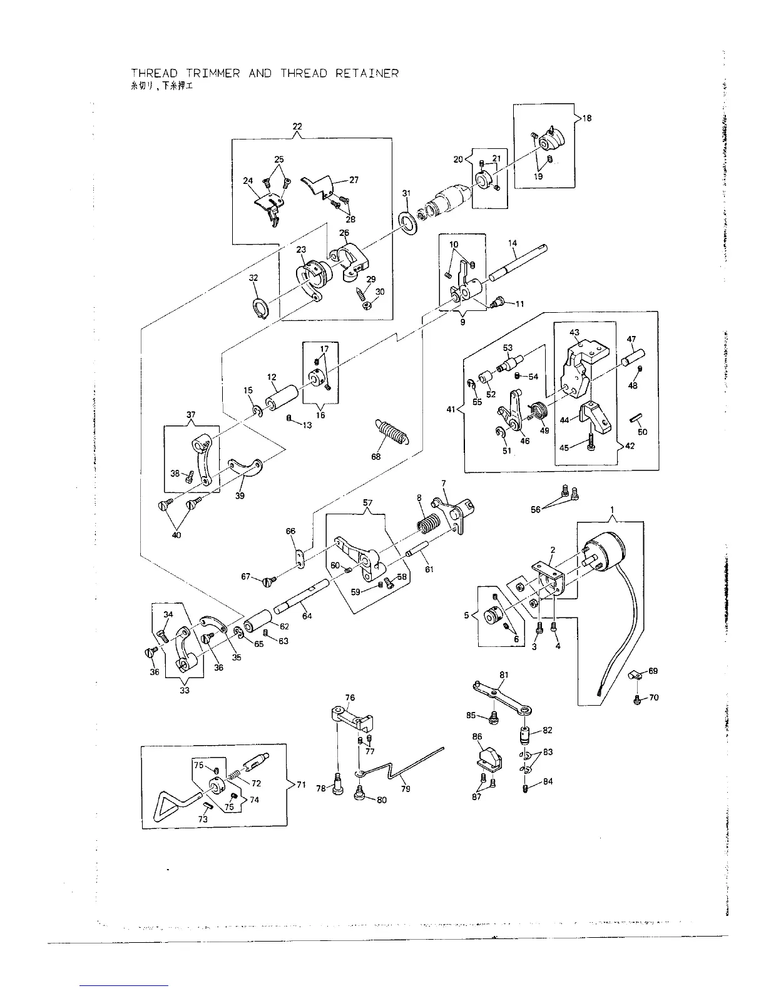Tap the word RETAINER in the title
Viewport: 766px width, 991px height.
coord(367,74)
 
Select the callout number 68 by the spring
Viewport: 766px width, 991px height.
coord(375,457)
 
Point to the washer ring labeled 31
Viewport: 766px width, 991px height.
coord(408,222)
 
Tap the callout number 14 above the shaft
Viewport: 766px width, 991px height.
coord(513,243)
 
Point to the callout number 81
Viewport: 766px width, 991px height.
coord(504,674)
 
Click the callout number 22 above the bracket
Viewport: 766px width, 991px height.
coord(297,126)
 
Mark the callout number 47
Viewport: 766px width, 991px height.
coord(631,340)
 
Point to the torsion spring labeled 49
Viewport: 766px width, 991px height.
coord(538,411)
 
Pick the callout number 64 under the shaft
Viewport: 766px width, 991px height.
coord(307,616)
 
